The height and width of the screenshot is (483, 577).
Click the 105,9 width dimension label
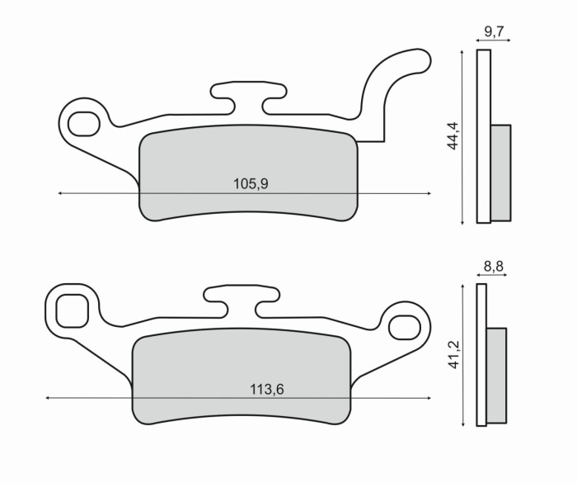[251, 183]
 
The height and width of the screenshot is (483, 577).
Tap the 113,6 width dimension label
[267, 389]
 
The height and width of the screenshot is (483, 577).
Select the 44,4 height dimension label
[453, 135]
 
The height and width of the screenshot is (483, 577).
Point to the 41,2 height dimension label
[455, 355]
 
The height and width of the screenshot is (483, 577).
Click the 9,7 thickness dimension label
[494, 31]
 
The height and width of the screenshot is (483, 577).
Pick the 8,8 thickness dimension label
[494, 266]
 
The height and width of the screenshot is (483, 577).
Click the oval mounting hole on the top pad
[84, 124]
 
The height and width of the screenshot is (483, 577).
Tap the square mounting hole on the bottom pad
[73, 310]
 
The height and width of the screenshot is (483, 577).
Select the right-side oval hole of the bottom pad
[405, 327]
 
